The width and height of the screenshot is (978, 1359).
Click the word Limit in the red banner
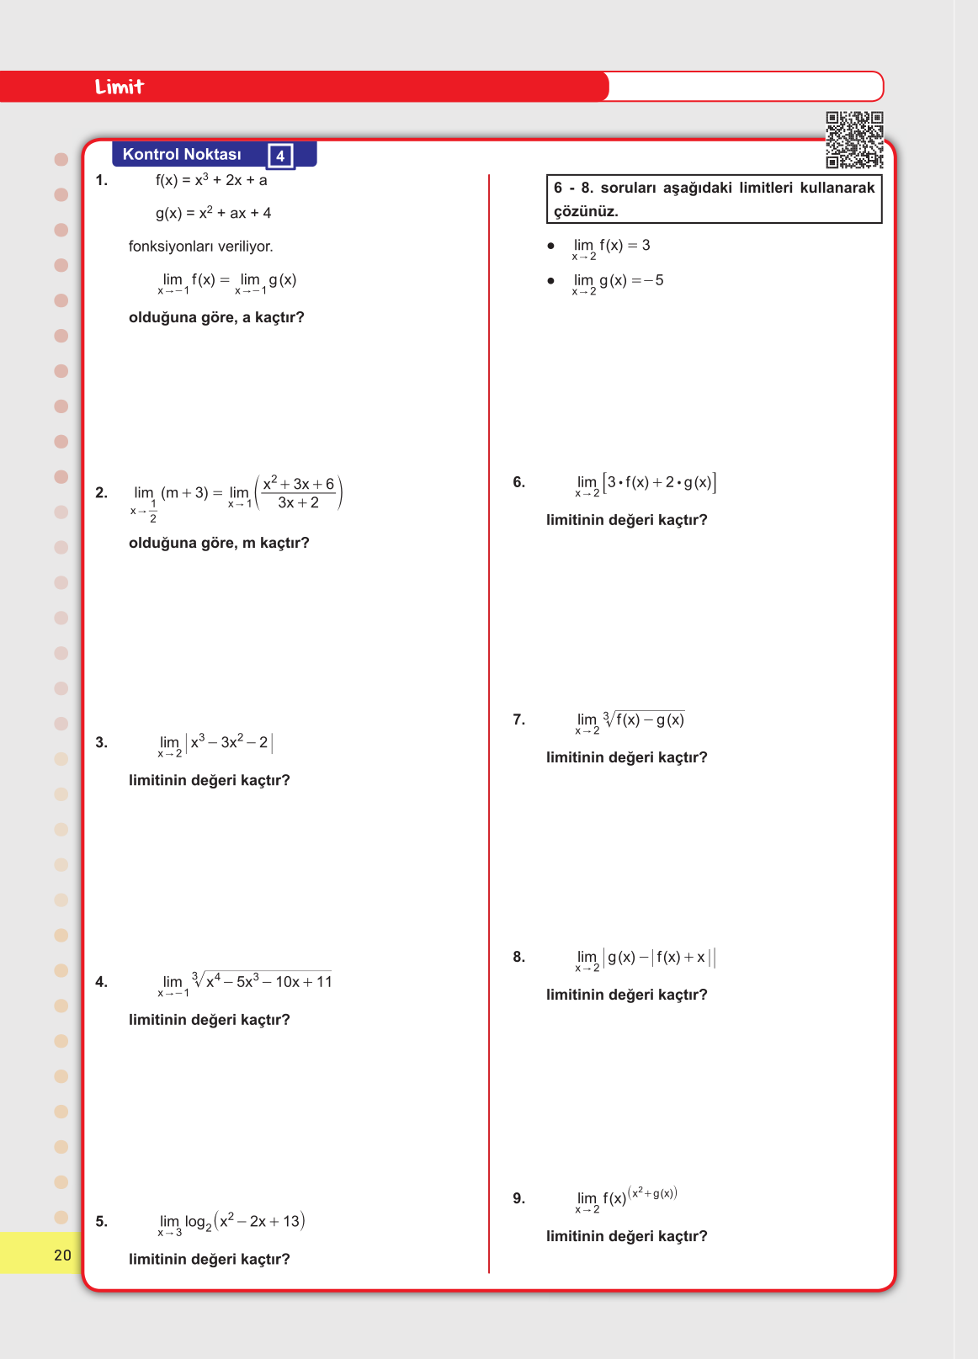tap(120, 87)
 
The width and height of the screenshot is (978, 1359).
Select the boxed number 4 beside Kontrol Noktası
tap(280, 156)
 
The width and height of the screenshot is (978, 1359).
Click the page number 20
tap(62, 1255)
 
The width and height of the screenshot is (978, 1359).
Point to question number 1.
tap(101, 180)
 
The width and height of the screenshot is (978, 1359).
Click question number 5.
tap(101, 1221)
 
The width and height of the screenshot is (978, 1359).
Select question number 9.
tap(518, 1198)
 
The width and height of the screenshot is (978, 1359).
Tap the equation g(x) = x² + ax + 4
tap(213, 213)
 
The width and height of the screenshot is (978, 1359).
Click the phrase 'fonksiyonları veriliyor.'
tap(200, 247)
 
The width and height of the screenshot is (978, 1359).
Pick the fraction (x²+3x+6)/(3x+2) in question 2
tap(299, 493)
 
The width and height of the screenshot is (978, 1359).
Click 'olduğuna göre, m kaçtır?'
tap(219, 543)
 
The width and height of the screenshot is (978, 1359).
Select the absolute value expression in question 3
tap(229, 742)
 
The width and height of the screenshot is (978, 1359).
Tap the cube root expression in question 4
tap(262, 981)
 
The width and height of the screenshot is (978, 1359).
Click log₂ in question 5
tap(199, 1222)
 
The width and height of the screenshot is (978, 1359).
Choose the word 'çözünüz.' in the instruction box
tap(586, 211)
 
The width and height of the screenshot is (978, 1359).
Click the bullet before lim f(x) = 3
tap(551, 247)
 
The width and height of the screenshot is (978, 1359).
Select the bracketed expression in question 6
tap(660, 482)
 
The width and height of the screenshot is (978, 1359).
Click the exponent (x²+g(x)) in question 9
tap(653, 1192)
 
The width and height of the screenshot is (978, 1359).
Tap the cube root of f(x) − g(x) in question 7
tap(644, 719)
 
